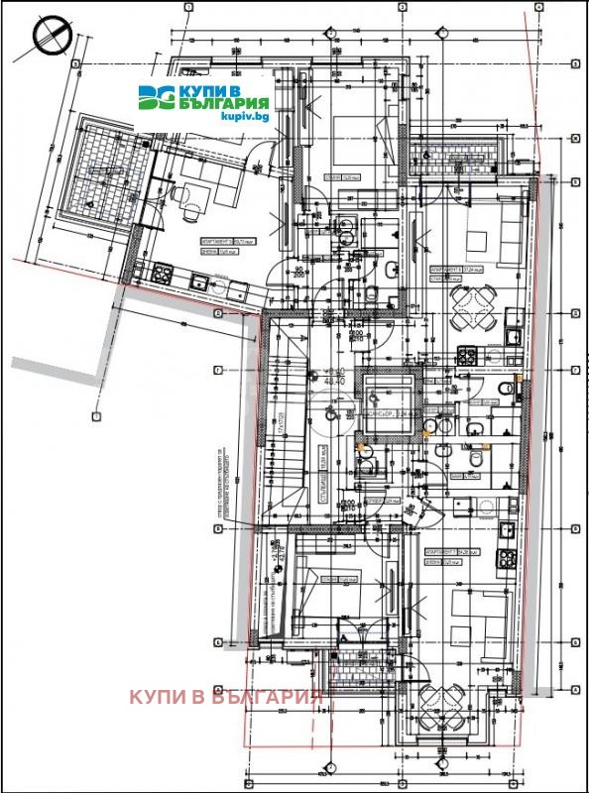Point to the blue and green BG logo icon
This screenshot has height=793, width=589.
coord(156,97)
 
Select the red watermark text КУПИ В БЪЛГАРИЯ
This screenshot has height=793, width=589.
coord(226,696)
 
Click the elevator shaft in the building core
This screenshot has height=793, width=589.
coord(390,401)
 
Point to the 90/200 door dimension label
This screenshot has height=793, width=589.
coord(295,273)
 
